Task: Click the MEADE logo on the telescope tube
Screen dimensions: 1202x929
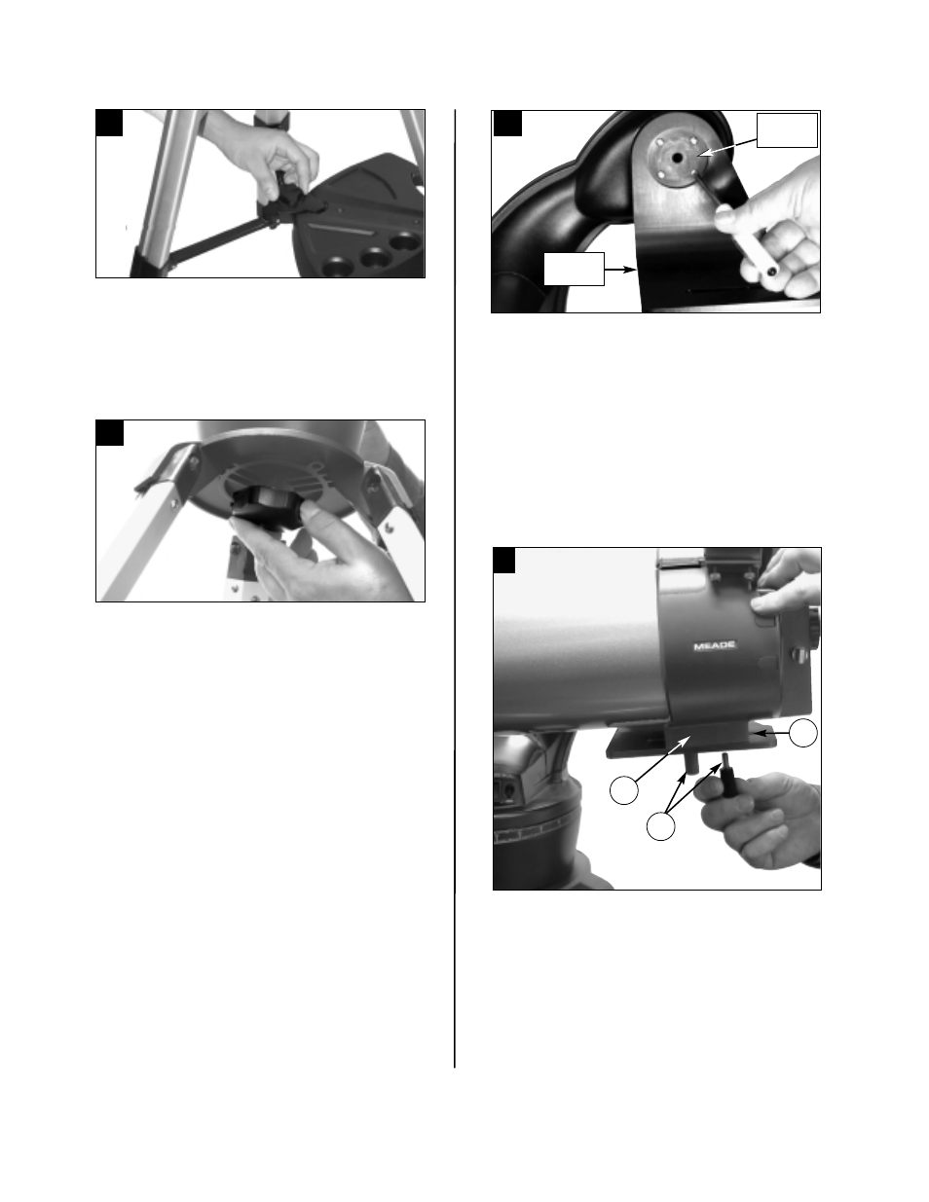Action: click(716, 645)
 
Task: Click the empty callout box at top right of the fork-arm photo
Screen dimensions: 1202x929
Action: click(787, 130)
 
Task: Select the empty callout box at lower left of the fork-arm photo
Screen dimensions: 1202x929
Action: click(574, 269)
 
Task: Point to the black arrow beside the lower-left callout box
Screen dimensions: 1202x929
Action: click(619, 265)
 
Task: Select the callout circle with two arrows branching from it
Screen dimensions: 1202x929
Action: click(661, 826)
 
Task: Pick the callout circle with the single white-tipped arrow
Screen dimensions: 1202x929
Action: click(623, 791)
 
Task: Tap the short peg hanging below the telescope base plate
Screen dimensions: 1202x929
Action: click(690, 758)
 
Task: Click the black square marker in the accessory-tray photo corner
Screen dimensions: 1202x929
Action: click(109, 123)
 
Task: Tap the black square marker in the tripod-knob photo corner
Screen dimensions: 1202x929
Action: click(109, 432)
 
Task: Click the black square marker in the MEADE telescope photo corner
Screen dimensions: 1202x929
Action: click(505, 561)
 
